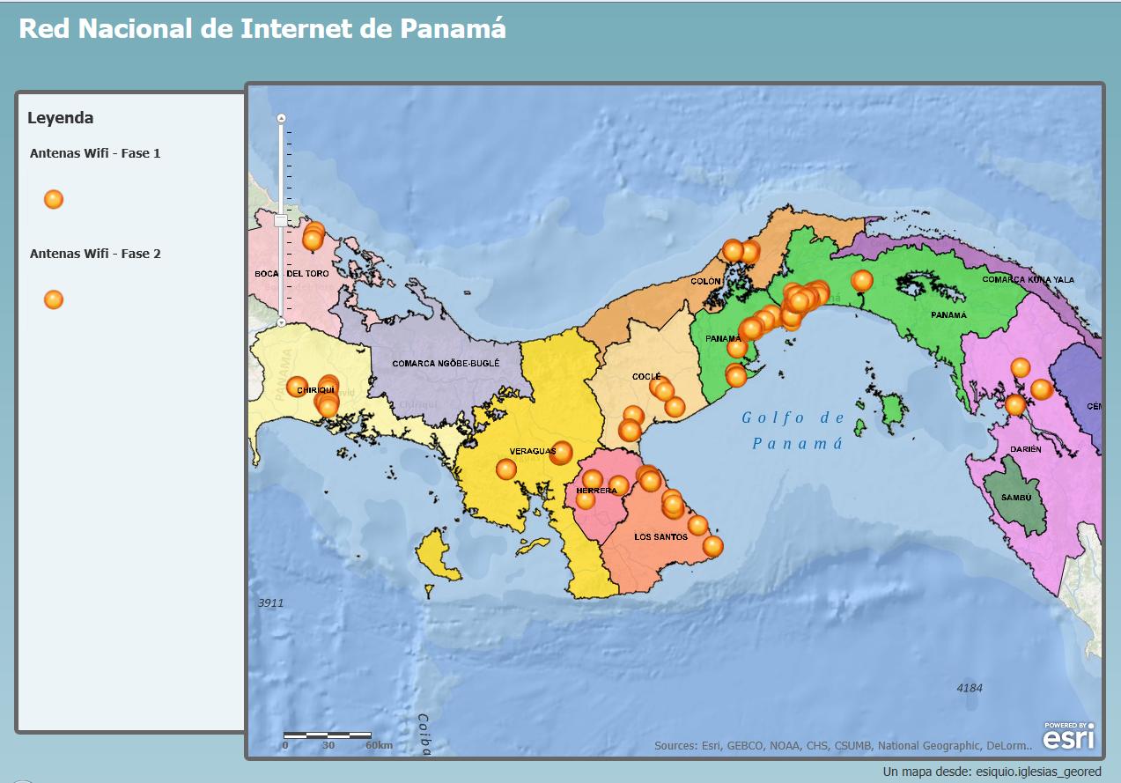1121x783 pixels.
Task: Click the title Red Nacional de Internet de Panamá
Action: coord(262,28)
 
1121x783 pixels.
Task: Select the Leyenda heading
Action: coord(61,118)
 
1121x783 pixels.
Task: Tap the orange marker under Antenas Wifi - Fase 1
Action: coord(54,199)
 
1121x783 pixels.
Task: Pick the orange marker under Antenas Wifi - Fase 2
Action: coord(54,299)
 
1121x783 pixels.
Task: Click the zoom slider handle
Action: coord(281,220)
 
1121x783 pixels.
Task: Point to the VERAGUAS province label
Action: coord(533,451)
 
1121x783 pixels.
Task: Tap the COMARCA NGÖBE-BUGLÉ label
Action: coord(446,363)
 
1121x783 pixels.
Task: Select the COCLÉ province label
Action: coord(645,376)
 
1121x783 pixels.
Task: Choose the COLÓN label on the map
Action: coord(705,282)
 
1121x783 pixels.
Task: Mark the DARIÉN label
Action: coord(1026,449)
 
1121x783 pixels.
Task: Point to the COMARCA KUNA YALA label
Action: coord(1028,279)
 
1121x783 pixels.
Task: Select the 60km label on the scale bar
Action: coord(379,745)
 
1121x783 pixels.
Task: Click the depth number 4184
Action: coord(970,688)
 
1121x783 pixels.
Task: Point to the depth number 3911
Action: coord(270,603)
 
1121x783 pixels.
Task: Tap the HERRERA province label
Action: coord(596,491)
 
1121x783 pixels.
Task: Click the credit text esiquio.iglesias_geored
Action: coord(1038,772)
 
